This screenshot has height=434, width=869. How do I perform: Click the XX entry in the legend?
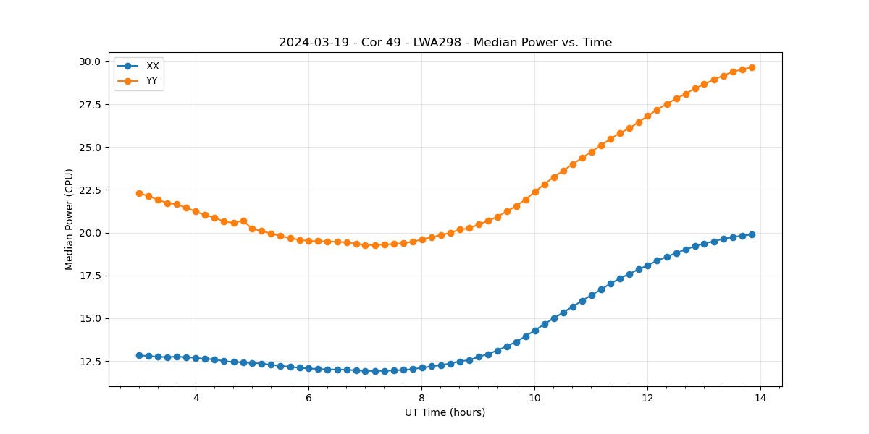click(152, 66)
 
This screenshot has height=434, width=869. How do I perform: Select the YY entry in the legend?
click(152, 80)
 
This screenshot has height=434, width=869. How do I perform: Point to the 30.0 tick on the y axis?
click(91, 61)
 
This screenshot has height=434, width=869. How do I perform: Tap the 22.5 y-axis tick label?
click(91, 190)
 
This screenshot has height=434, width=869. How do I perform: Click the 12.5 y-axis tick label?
click(91, 362)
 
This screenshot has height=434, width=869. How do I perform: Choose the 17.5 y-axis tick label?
click(91, 276)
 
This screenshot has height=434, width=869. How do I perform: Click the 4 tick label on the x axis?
click(196, 398)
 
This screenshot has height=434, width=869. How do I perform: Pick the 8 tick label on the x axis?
click(421, 398)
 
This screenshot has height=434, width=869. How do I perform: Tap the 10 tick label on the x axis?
click(534, 398)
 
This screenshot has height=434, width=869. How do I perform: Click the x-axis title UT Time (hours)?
click(445, 412)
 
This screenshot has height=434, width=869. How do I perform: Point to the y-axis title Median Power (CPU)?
click(70, 219)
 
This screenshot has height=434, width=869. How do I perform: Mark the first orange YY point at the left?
click(139, 193)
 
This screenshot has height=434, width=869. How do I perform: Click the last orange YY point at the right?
click(752, 67)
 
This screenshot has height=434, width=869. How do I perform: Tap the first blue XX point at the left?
click(139, 355)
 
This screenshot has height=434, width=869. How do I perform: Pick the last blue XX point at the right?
click(752, 234)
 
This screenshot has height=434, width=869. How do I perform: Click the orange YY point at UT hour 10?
click(535, 192)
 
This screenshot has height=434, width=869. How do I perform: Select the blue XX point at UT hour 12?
click(647, 265)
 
